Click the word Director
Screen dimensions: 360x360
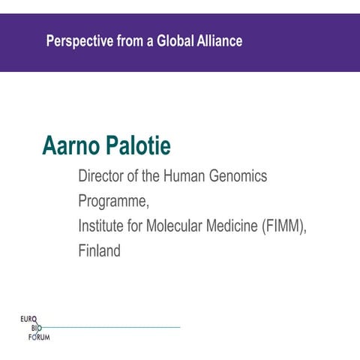pos(103,177)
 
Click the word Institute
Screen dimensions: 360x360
pos(102,226)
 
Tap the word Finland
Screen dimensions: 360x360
pos(99,251)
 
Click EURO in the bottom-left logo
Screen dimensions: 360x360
pos(29,319)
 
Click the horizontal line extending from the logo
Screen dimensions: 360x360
pos(112,328)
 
